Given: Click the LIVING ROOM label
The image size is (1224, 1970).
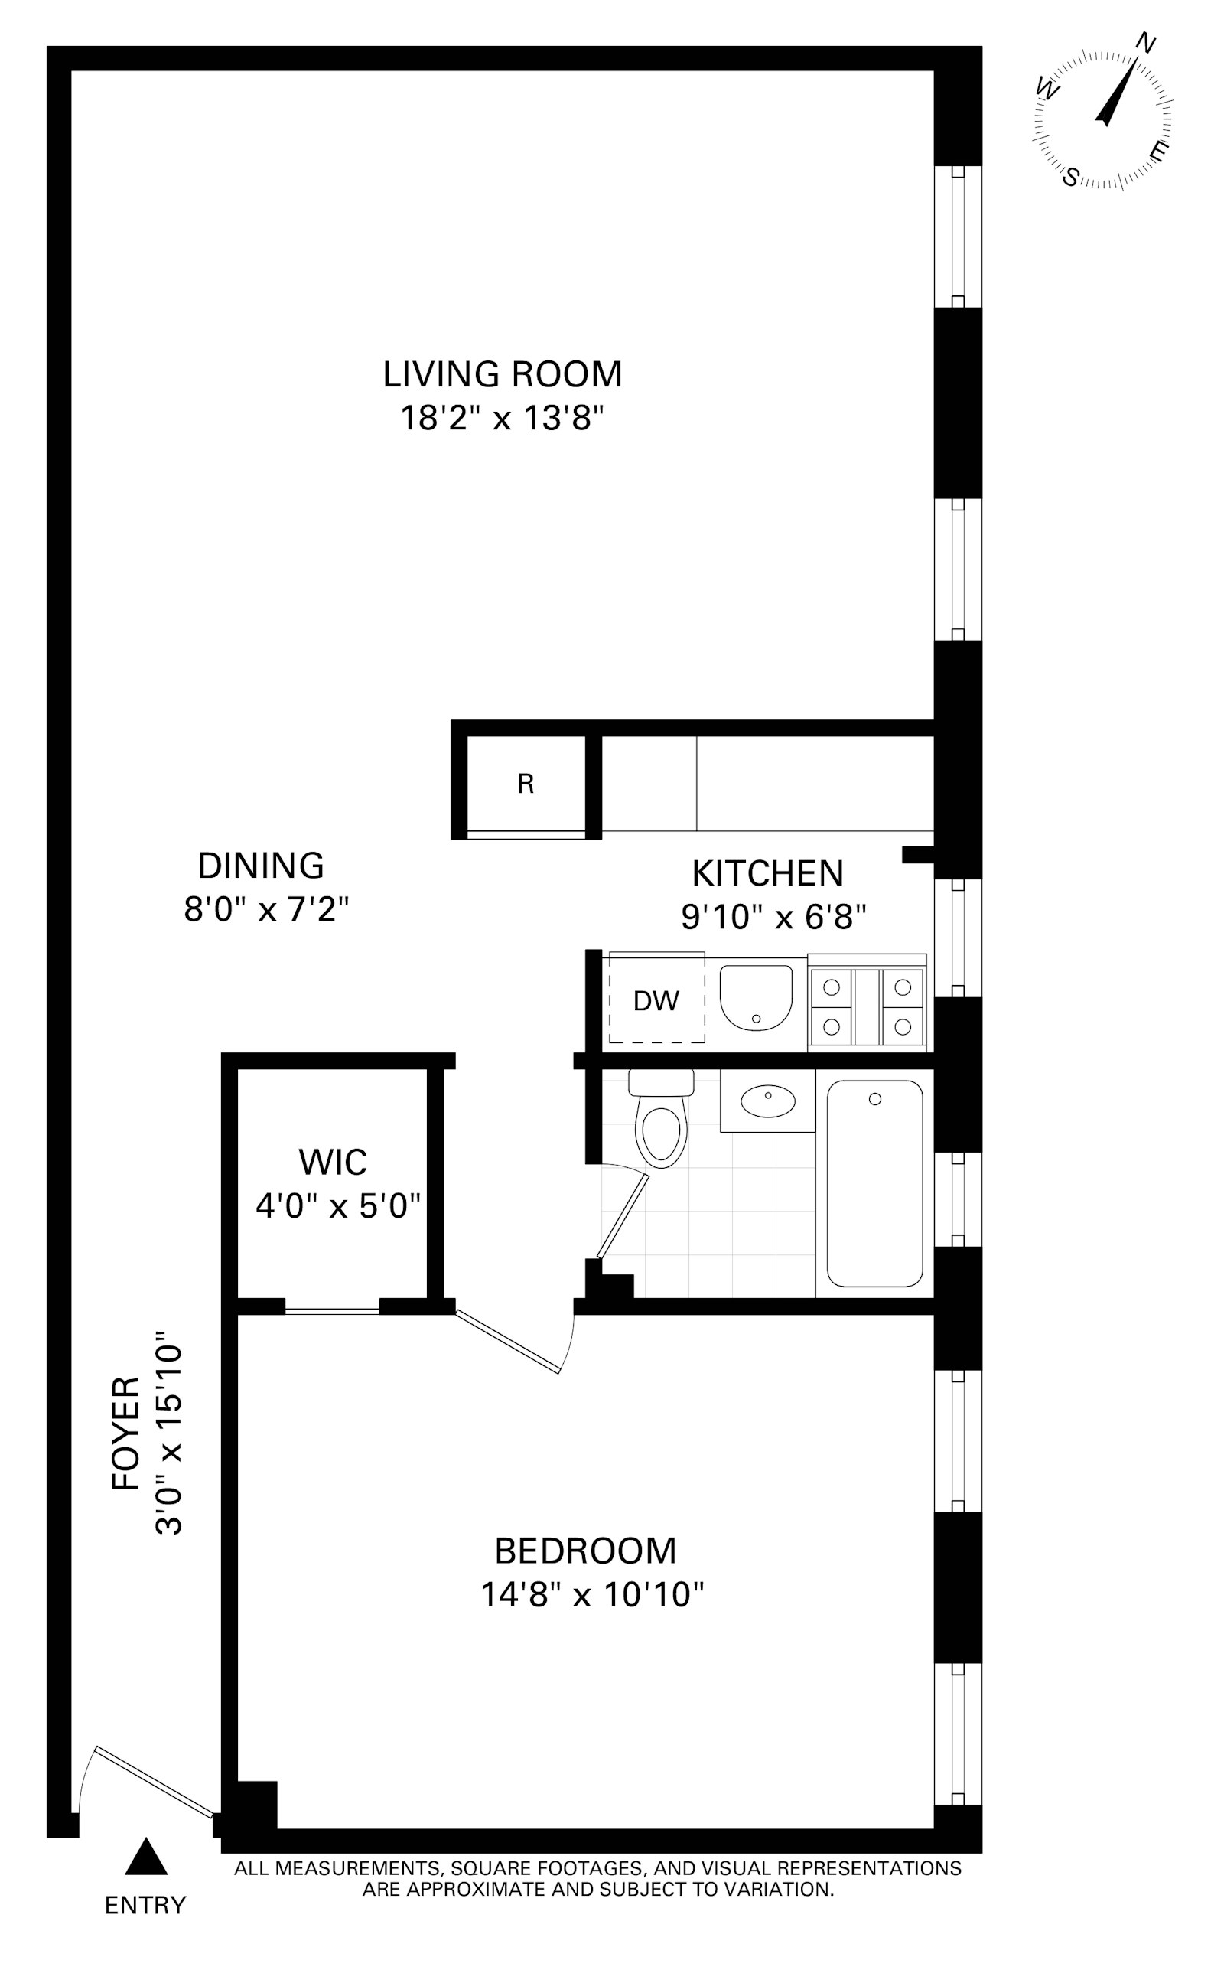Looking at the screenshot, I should pos(502,375).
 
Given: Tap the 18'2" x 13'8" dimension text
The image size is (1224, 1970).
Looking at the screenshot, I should pos(502,419).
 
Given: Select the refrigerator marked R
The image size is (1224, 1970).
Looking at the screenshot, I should pos(526,784).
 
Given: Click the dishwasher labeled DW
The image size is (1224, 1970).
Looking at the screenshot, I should pos(656,1002).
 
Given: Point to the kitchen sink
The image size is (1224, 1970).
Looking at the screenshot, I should pos(755,997).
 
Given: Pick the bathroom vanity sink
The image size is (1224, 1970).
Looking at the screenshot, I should pos(767,1101).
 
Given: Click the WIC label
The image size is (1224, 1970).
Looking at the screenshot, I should pos(333,1162).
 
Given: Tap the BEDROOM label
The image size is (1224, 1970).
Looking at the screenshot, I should pos(585,1551).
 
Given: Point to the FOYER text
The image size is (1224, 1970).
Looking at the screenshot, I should pos(125,1433).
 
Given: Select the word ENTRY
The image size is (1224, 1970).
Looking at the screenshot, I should pos(145,1906).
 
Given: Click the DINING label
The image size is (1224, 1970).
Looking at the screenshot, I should pos(261,866).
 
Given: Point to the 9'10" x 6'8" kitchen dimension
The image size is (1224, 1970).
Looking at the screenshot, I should pos(773,918).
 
